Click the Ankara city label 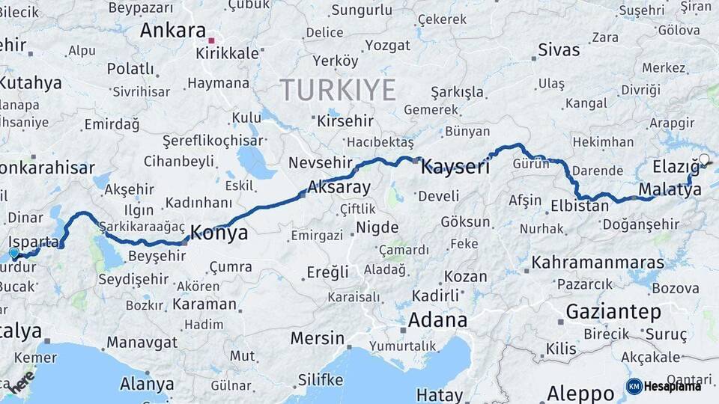[172, 31]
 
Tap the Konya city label [219, 233]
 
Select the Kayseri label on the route [455, 166]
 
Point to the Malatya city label [670, 189]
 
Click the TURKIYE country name [338, 91]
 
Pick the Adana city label [437, 320]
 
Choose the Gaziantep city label [613, 311]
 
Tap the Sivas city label [559, 50]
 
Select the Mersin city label [317, 338]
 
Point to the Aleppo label [580, 393]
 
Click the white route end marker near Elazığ [704, 159]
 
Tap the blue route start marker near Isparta [13, 253]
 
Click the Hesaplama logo [664, 386]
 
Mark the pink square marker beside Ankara [212, 41]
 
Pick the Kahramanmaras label [598, 263]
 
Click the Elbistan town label [580, 206]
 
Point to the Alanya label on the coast [147, 385]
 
